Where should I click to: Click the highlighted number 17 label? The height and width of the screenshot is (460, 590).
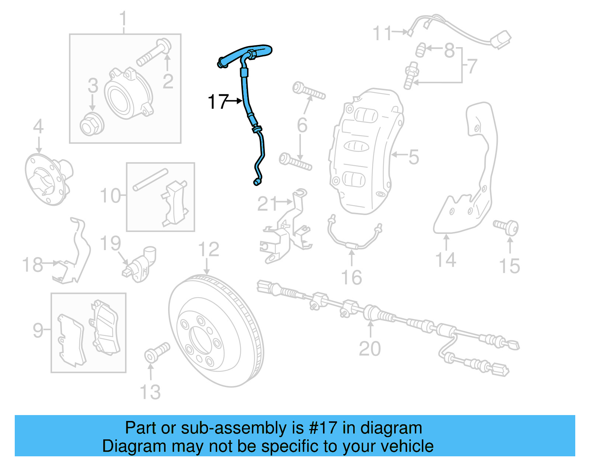point(218,102)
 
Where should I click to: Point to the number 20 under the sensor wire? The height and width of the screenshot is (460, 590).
point(369,348)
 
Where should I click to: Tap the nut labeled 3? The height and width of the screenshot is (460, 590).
point(91,124)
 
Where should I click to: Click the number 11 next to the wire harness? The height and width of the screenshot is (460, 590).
point(382,33)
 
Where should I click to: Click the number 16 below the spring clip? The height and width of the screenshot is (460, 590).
point(351,277)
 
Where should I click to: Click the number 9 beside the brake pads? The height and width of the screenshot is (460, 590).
point(38,330)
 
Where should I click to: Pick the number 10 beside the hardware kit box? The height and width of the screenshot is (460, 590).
point(110,196)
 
